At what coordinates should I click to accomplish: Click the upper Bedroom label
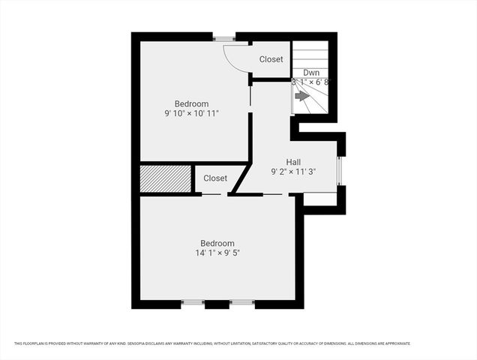[191, 103]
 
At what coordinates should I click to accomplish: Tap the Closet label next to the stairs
[271, 59]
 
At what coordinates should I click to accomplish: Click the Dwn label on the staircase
[311, 73]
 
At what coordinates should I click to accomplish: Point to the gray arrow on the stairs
[302, 96]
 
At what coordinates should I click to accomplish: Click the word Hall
[293, 162]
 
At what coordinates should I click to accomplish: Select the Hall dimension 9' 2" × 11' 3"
[294, 172]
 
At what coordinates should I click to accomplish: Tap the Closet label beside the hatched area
[214, 178]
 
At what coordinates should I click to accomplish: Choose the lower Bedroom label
[217, 243]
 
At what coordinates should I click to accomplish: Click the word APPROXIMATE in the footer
[396, 343]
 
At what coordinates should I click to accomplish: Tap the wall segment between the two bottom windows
[217, 304]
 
